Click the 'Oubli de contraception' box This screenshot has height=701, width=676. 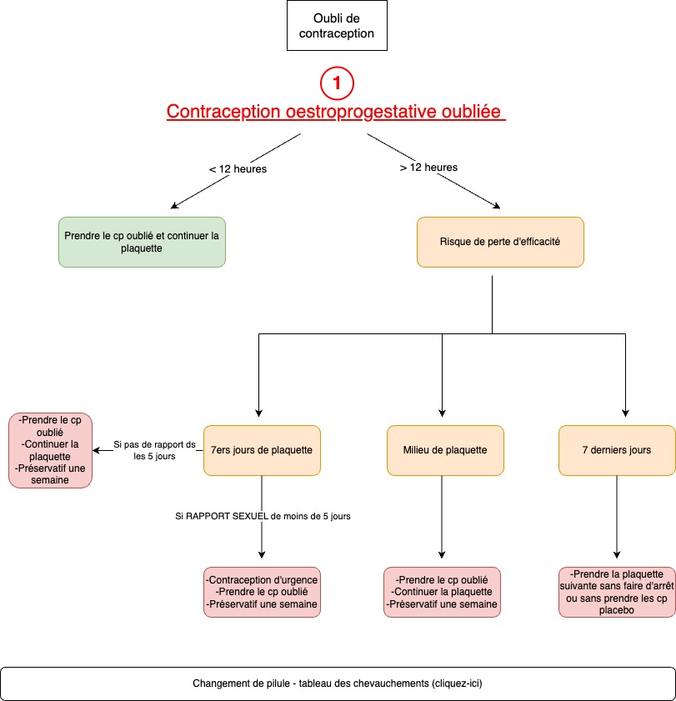(337, 26)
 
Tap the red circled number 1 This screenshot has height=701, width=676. (337, 83)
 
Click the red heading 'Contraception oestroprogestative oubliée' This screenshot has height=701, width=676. (336, 112)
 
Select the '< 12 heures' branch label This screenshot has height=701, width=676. (238, 169)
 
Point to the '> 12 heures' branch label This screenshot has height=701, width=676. (428, 168)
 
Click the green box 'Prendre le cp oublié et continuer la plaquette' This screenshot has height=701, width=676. (142, 242)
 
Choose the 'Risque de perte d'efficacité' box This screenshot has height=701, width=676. (500, 242)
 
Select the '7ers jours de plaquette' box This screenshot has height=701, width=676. (262, 450)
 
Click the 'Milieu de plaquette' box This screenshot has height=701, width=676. (445, 450)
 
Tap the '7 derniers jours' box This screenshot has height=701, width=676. (617, 450)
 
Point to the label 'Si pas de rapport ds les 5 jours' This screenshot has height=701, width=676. (154, 450)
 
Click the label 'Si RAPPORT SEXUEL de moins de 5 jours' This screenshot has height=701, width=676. (263, 516)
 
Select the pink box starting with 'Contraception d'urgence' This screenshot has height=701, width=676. (262, 592)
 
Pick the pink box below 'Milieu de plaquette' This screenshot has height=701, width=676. (442, 592)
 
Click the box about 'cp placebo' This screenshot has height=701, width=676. (617, 592)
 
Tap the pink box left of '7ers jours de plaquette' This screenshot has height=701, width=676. (50, 450)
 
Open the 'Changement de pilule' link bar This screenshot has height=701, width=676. (338, 683)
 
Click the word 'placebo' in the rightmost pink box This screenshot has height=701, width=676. (617, 610)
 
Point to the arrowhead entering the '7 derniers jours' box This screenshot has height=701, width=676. (625, 413)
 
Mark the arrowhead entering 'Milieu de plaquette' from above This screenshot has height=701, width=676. (442, 413)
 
